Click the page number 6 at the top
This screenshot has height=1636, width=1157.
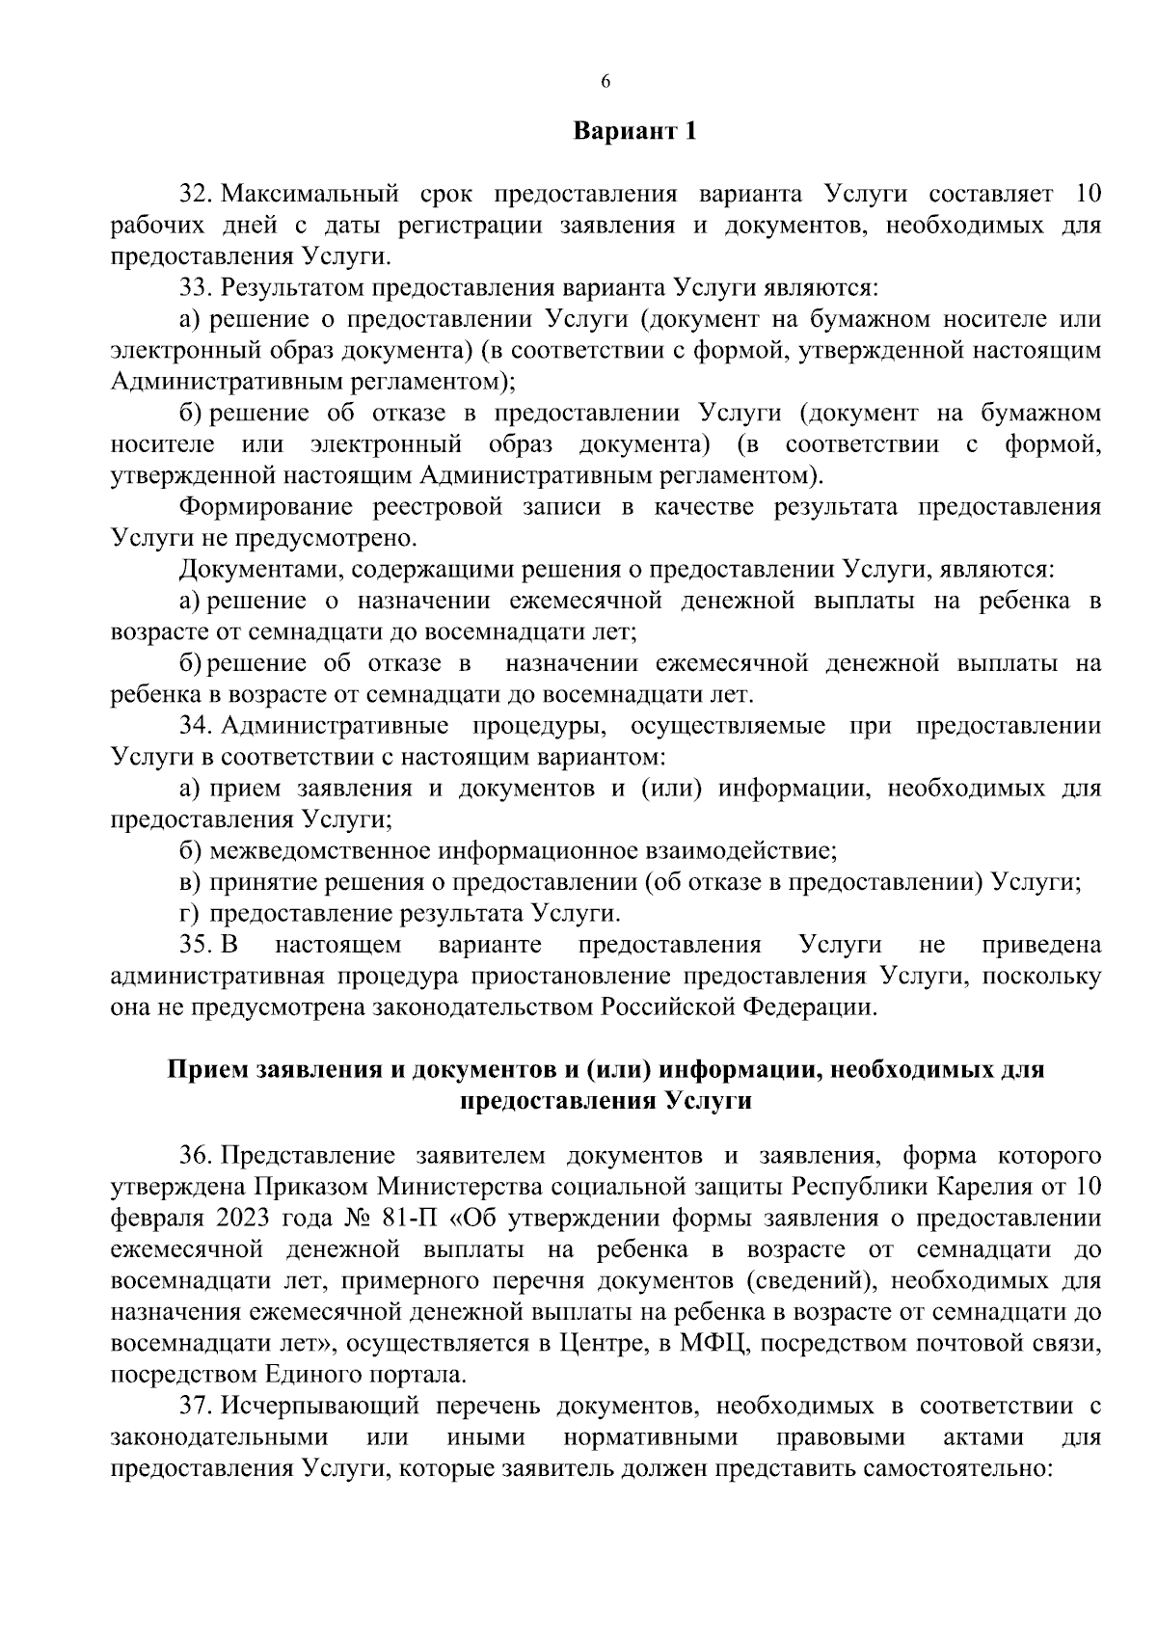click(605, 83)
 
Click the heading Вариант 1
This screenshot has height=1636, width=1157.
click(633, 131)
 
